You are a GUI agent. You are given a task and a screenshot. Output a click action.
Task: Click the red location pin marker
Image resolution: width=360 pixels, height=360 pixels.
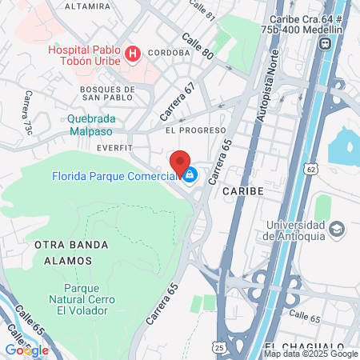pyautogui.click(x=180, y=162)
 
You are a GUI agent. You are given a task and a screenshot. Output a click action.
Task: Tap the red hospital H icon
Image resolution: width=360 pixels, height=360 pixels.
pyautogui.click(x=134, y=54)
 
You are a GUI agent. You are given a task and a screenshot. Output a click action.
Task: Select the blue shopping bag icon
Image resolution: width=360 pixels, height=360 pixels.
pyautogui.click(x=190, y=174)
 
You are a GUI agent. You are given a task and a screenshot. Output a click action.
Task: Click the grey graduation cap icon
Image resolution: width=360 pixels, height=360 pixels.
pyautogui.click(x=337, y=230)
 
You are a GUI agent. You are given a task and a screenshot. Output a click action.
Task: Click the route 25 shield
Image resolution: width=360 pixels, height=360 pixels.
pyautogui.click(x=218, y=346)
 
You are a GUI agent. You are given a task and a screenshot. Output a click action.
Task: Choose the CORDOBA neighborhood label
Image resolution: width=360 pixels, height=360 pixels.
pyautogui.click(x=168, y=53)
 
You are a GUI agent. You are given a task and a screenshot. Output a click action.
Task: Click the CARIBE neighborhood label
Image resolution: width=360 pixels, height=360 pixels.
pyautogui.click(x=242, y=192)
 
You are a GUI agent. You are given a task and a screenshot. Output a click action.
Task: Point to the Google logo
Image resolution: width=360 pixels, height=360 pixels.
pyautogui.click(x=26, y=350)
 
